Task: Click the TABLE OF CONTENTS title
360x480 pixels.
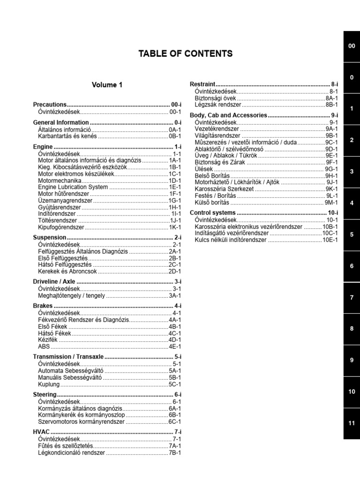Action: [x=185, y=54]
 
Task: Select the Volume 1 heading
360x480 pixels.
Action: [x=107, y=85]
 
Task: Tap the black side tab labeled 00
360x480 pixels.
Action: [x=352, y=46]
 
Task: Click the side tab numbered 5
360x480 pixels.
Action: [x=352, y=234]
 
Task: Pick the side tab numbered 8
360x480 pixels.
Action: [x=352, y=329]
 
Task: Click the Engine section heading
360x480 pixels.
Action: [x=43, y=147]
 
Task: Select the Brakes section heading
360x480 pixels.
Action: [x=43, y=306]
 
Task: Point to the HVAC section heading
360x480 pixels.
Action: [x=41, y=431]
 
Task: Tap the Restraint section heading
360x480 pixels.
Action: [x=202, y=84]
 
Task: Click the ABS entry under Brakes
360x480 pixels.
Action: [x=43, y=346]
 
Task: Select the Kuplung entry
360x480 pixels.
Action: [x=49, y=384]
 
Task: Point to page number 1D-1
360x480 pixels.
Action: [x=175, y=180]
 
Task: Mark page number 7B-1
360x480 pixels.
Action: [x=175, y=453]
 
